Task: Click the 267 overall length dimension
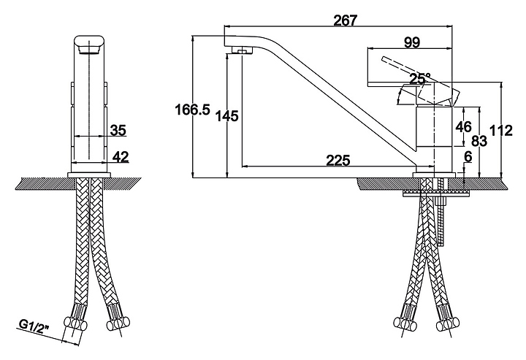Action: pos(346,20)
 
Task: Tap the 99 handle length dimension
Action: pos(412,42)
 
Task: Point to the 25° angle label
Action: pos(419,79)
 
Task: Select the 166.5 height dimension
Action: pos(193,110)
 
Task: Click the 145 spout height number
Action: pos(226,116)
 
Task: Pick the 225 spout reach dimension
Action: pos(338,160)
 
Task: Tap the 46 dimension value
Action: pos(463,127)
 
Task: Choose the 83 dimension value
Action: pos(479,141)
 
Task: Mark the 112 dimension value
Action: pos(501,131)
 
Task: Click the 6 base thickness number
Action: pos(468,156)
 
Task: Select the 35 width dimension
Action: pos(118,130)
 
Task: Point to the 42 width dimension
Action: pos(120,156)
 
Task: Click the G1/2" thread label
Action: pos(34,326)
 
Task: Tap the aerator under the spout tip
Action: pos(242,50)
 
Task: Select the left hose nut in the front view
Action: pos(75,323)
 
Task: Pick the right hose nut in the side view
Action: pos(448,323)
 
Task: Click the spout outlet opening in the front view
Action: pos(89,50)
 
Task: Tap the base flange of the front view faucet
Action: pos(89,175)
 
